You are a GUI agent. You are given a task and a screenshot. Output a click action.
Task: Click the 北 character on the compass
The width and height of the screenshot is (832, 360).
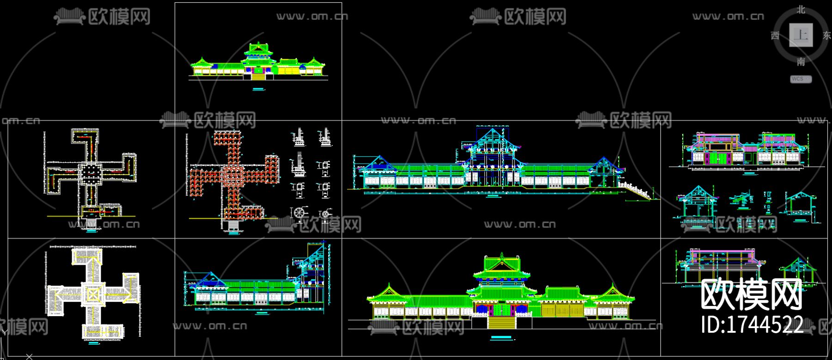801,10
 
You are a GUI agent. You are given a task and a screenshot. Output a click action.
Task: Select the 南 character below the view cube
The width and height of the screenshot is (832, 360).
801,61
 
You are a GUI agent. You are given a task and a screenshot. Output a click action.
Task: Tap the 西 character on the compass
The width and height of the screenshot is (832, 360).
775,36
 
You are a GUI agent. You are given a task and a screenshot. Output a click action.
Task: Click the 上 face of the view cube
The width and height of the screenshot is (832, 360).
801,35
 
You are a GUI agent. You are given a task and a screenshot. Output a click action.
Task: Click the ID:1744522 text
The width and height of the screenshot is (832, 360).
752,324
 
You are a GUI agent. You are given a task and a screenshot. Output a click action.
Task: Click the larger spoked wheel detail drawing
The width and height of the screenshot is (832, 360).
300,213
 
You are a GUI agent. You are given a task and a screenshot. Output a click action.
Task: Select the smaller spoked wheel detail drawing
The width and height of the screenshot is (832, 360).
325,214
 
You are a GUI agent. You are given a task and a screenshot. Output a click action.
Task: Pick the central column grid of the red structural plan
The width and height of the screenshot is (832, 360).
233,175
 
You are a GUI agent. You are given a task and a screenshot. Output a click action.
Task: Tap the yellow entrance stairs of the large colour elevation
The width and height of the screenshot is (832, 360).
502,322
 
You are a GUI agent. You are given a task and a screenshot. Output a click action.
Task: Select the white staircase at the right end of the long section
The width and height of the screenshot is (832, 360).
638,191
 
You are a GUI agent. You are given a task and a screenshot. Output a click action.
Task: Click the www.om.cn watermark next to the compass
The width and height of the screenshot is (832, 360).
728,17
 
